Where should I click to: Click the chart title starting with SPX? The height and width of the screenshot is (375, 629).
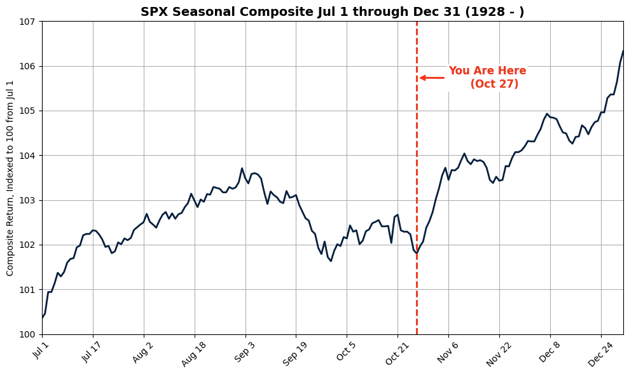pyautogui.click(x=332, y=11)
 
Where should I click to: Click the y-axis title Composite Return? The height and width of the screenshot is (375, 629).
pyautogui.click(x=10, y=178)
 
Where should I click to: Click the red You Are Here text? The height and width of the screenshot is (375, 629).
pyautogui.click(x=487, y=71)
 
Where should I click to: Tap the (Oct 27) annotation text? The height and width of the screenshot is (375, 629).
pyautogui.click(x=494, y=85)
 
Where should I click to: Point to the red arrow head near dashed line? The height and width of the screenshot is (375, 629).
pyautogui.click(x=422, y=78)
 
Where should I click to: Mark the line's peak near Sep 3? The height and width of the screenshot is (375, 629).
pyautogui.click(x=242, y=168)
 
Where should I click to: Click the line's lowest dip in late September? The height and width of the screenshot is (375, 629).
pyautogui.click(x=331, y=261)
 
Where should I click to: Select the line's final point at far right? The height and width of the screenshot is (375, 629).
pyautogui.click(x=623, y=51)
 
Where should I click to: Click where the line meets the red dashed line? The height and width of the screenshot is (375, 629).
pyautogui.click(x=417, y=252)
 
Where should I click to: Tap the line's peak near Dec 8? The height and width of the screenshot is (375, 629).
pyautogui.click(x=547, y=114)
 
